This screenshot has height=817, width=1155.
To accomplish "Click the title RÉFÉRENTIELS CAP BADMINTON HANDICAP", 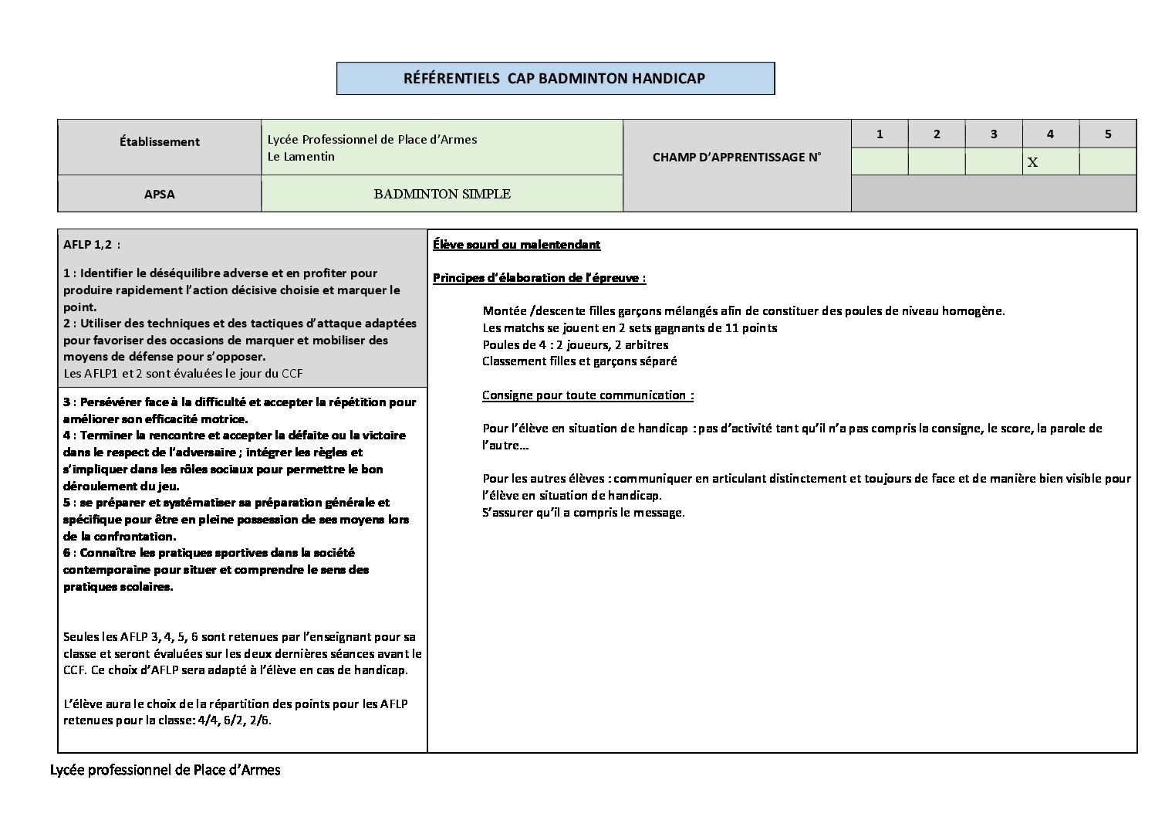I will pos(554,78).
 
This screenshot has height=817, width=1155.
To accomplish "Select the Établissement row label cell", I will pos(159,142).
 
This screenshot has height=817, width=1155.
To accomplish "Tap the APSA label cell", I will pos(159,194).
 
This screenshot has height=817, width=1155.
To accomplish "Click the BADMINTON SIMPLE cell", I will pos(442,194).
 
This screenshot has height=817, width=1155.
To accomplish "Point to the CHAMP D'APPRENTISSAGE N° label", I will pos(736,157).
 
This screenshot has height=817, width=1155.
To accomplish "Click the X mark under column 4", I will pos(1032,163).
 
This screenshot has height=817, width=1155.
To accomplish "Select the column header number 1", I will pos(880,134).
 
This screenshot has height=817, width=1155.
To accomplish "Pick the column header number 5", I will pos(1107,134).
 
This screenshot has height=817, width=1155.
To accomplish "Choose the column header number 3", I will pos(993,134).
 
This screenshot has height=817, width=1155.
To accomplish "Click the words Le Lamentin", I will pos(301,156).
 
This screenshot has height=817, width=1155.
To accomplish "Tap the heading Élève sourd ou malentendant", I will pos(516,245).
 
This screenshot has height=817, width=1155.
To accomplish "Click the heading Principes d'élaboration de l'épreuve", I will pos(539,278).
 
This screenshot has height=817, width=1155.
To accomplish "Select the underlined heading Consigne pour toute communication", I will pos(587,395).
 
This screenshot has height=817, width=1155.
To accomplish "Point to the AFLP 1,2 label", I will pos(91,245).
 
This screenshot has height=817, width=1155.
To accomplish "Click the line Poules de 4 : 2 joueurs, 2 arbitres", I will pos(575,344).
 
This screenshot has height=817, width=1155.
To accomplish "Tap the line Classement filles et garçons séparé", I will pos(579,361).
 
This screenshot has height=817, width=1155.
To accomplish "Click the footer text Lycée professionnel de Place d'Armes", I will pos(165,770).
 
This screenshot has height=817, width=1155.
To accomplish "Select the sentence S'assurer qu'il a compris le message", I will pos(583,512).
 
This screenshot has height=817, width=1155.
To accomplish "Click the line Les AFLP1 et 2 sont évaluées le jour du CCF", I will pos(183,374).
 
